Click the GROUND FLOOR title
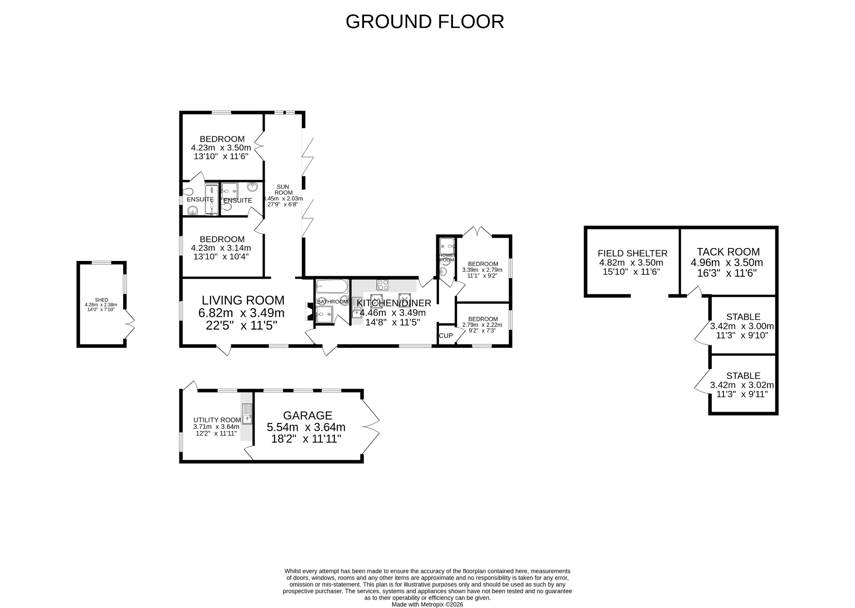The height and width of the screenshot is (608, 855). click(x=425, y=22)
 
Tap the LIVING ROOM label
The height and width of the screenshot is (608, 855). click(x=243, y=300)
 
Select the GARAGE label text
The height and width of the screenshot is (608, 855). click(x=308, y=415)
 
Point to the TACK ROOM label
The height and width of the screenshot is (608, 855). click(x=728, y=252)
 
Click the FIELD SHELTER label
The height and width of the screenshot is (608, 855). click(x=632, y=253)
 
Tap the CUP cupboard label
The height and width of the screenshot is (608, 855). click(x=446, y=336)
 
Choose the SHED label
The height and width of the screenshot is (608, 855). click(x=101, y=300)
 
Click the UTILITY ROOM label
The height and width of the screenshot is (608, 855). click(x=217, y=420)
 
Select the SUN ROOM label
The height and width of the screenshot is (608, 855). click(x=283, y=190)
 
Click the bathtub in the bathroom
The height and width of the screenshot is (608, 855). click(x=331, y=286)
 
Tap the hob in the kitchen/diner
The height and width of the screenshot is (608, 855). click(x=382, y=285)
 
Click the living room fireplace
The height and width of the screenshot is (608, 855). click(x=310, y=312)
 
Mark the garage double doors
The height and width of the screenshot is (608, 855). click(x=371, y=426)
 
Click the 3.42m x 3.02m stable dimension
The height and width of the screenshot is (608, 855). click(x=741, y=385)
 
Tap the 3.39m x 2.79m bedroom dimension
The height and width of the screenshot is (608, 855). click(x=482, y=270)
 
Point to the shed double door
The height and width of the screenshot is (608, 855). click(x=130, y=324)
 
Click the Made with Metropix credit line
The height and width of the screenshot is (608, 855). click(x=427, y=604)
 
